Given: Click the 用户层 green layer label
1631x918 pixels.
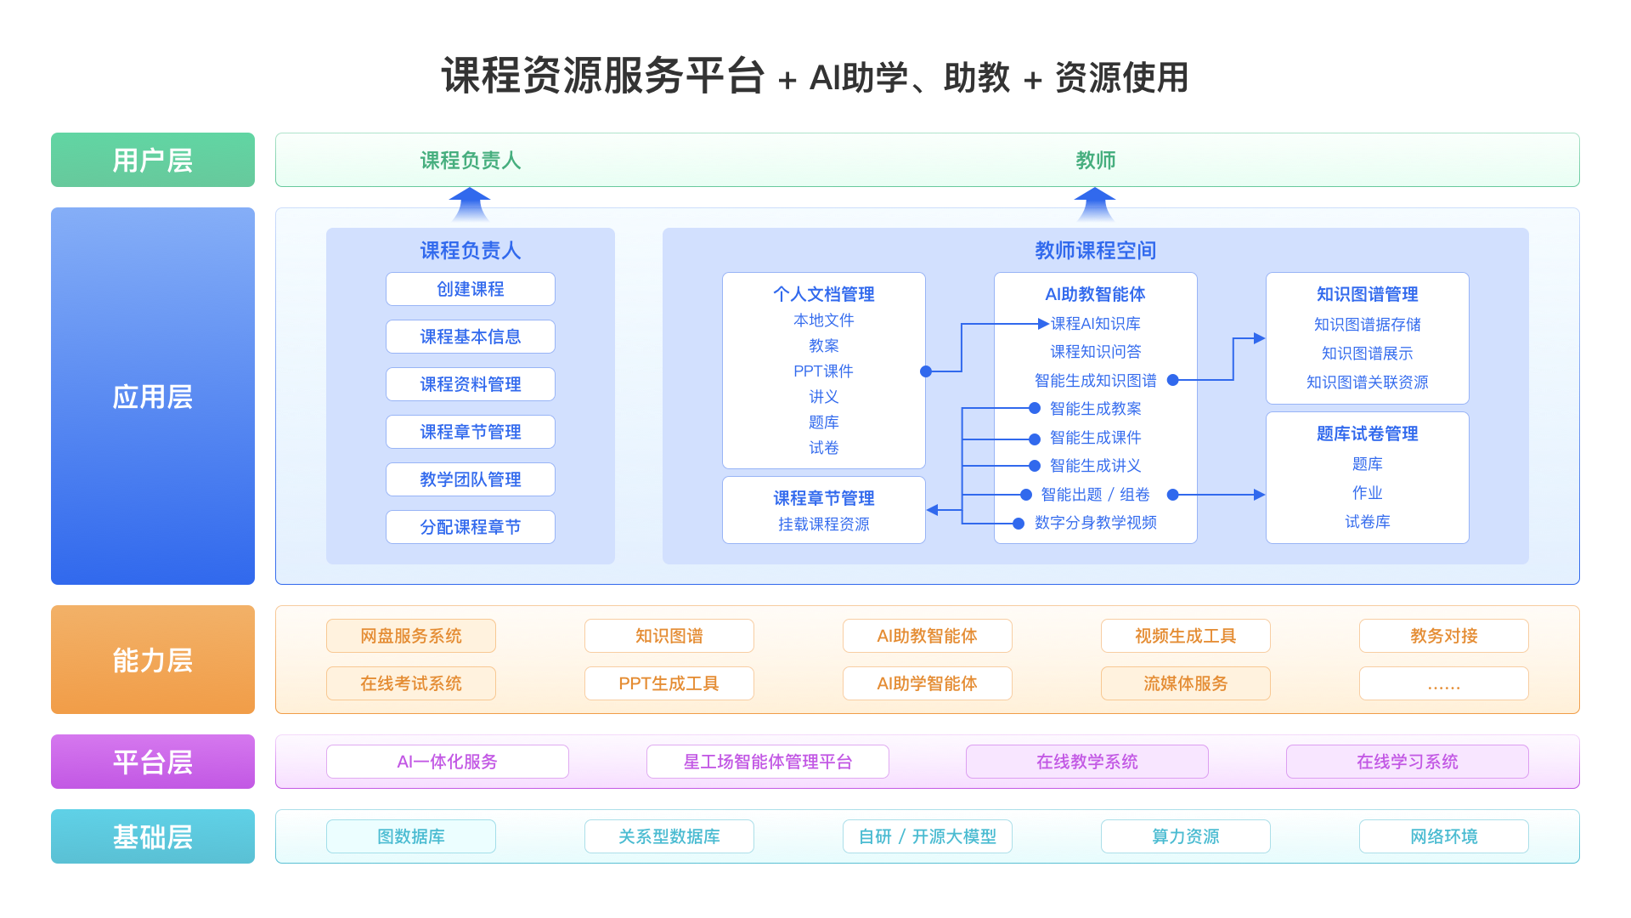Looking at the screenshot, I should (153, 160).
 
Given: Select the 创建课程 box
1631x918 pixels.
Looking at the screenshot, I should (470, 289).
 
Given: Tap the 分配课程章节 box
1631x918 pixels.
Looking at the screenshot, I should (470, 527).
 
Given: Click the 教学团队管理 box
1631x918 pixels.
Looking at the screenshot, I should (470, 479).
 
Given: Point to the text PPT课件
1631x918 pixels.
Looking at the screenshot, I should (823, 371).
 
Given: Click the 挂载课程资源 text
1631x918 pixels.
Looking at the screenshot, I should (823, 524).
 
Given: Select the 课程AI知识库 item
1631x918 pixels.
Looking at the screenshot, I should (1095, 324).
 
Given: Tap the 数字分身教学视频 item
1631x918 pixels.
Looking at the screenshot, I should (1095, 523).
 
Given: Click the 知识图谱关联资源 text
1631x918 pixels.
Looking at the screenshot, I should (1367, 382).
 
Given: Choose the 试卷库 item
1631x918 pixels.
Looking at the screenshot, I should (1367, 522).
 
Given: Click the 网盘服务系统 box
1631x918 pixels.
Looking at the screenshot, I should (411, 636).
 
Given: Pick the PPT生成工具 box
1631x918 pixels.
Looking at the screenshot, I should (669, 683).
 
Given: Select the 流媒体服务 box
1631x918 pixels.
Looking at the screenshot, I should (1185, 683).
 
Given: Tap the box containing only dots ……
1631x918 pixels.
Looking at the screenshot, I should (1443, 683).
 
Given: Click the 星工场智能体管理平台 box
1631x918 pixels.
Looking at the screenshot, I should (767, 762).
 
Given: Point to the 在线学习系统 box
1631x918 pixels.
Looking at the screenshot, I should (1407, 762).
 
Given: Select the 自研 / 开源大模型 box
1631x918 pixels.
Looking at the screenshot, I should (927, 836).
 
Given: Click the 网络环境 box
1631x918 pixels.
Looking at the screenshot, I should (1443, 836).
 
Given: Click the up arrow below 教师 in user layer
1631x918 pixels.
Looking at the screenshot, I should (1094, 204).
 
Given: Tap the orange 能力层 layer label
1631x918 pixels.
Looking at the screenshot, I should (153, 660).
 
